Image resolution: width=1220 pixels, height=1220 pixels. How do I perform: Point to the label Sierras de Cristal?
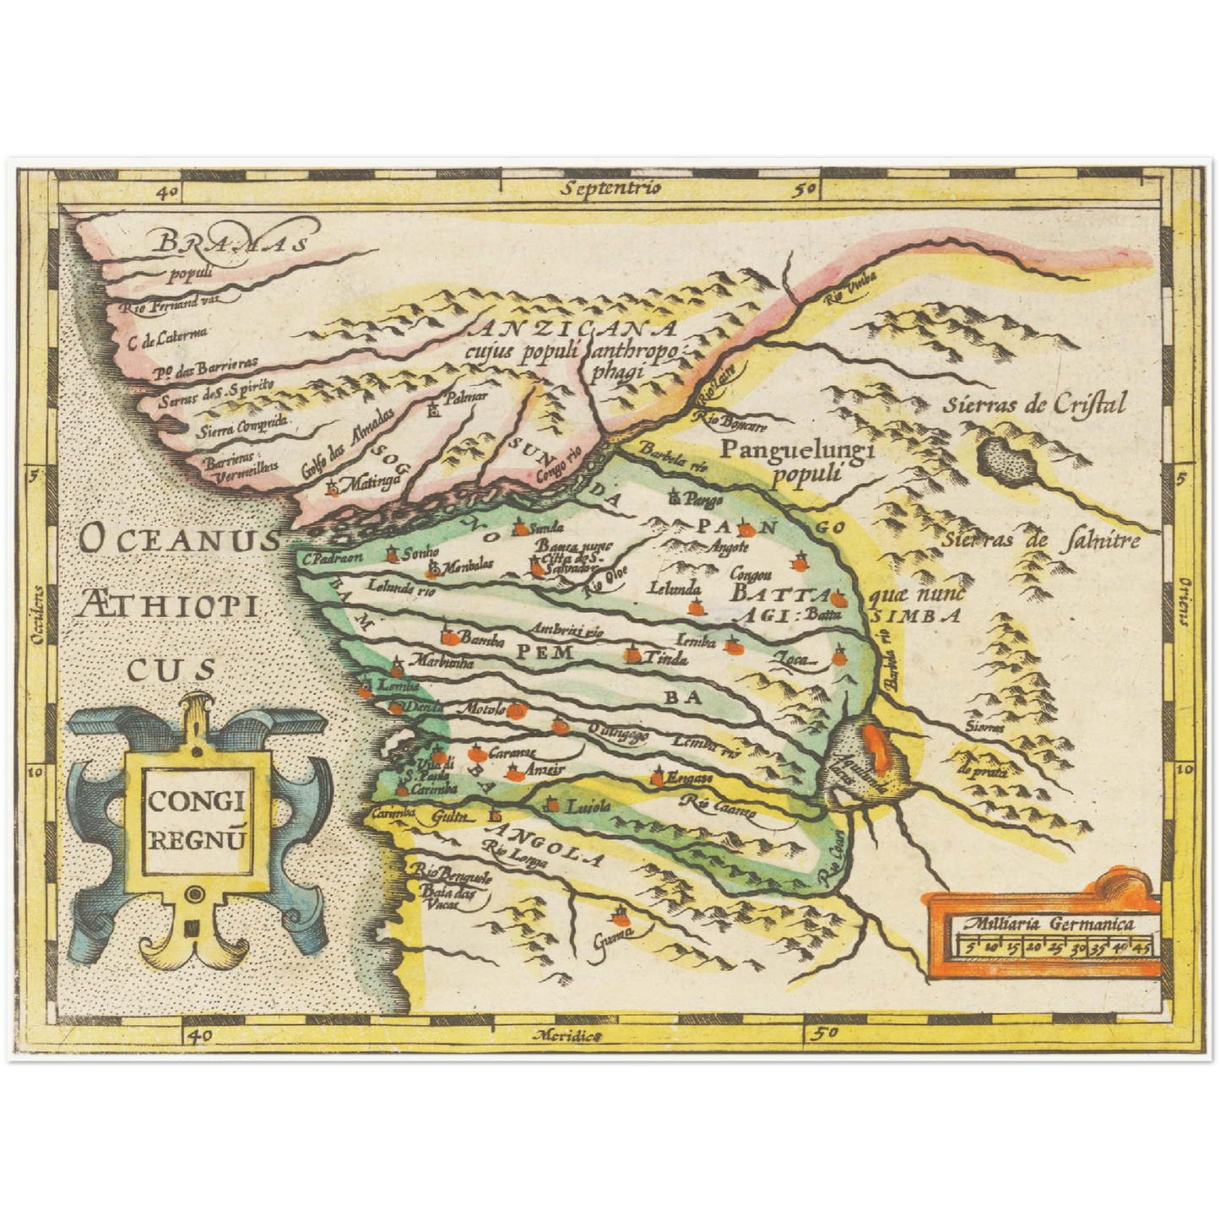click(x=1035, y=405)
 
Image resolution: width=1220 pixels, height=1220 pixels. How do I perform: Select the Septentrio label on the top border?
click(x=613, y=188)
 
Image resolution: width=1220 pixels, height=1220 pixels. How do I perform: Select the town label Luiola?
click(x=588, y=806)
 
